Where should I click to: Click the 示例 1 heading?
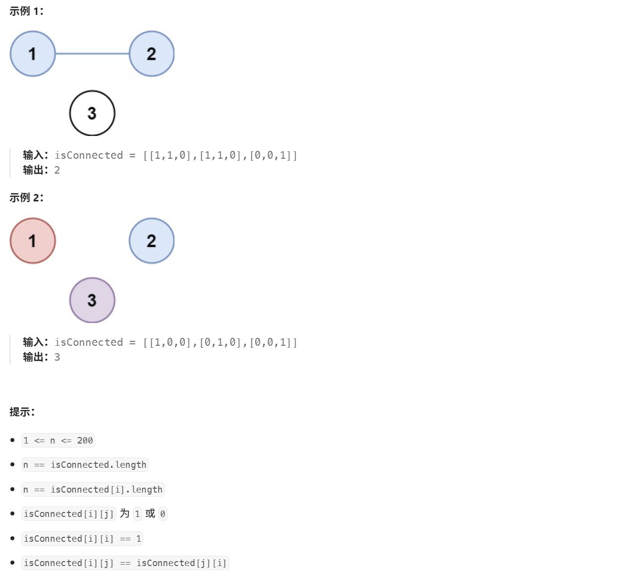tap(26, 11)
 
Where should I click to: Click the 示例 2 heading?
tap(26, 198)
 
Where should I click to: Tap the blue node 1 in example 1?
tap(33, 54)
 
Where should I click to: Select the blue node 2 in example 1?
tap(152, 54)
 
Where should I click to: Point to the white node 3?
tap(92, 113)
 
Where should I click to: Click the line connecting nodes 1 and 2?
tap(92, 54)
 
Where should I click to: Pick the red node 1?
tap(33, 241)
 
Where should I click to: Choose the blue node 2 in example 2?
tap(152, 241)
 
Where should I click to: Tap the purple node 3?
tap(92, 300)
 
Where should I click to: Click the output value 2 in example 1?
tap(57, 170)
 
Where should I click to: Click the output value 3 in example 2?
tap(57, 357)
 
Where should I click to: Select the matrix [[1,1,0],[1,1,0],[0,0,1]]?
tap(220, 156)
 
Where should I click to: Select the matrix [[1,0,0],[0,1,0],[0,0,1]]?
tap(220, 343)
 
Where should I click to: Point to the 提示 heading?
tap(22, 412)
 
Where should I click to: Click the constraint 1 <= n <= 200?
tap(58, 441)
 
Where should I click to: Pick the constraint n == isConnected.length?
tap(85, 465)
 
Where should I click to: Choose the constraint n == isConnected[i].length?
tap(93, 490)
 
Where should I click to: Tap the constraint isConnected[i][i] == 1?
tap(82, 539)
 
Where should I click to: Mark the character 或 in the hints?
tap(150, 513)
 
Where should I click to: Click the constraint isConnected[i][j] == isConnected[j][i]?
tap(125, 563)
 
